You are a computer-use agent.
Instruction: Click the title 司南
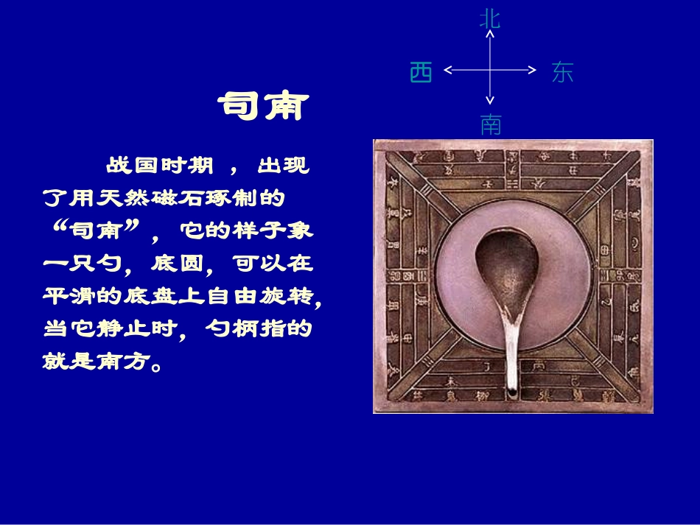[262, 107]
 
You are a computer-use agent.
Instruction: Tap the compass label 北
[490, 18]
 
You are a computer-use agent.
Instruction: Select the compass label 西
[421, 72]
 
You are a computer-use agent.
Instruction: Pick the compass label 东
[561, 72]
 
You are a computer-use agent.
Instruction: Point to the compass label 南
[490, 124]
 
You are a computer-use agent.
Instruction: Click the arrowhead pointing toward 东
[533, 70]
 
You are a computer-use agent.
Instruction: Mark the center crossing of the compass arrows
[490, 70]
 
